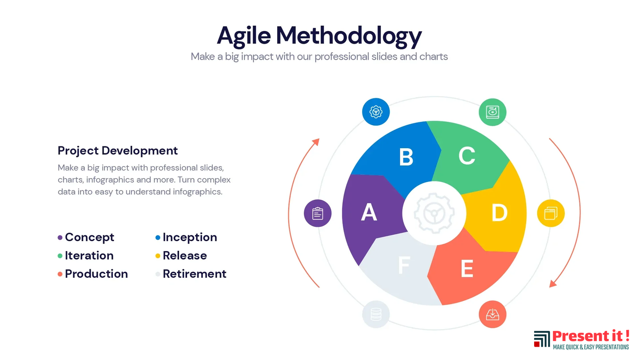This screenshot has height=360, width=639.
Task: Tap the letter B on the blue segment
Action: [406, 157]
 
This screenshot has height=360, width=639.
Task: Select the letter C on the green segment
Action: [467, 156]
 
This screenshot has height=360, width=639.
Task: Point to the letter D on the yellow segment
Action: [499, 213]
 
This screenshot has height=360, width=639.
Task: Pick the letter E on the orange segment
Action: [467, 268]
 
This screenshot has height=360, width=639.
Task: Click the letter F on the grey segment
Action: [404, 265]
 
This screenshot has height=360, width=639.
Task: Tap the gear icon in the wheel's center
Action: [434, 213]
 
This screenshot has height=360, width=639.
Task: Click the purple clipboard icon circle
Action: [318, 213]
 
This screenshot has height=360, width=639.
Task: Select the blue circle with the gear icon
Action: [376, 112]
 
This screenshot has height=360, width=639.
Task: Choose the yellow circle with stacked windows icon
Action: [551, 213]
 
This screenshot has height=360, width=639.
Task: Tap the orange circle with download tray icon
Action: [492, 314]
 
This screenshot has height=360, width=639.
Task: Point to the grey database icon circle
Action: [376, 314]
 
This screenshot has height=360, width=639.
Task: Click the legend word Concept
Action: [90, 237]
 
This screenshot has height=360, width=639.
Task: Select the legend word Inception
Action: [190, 237]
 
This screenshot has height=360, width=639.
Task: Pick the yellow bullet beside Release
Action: [157, 256]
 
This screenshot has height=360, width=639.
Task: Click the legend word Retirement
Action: [194, 274]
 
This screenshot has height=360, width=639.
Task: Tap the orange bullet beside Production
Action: [60, 274]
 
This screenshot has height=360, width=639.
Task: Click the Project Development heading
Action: [118, 151]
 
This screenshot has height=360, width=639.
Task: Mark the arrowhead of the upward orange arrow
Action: [316, 142]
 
